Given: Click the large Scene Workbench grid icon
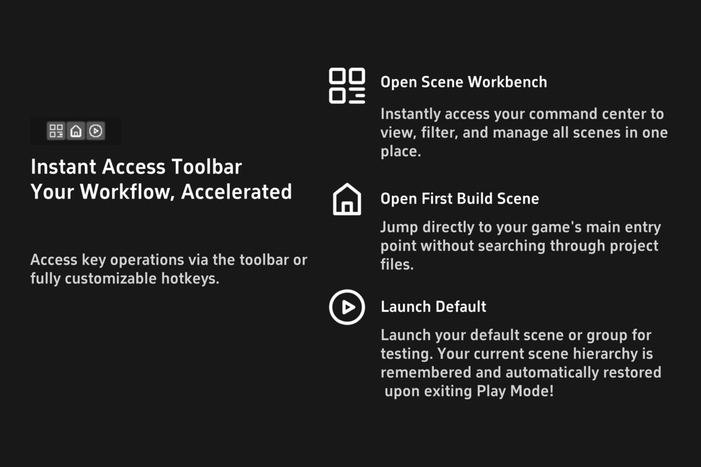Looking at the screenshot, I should point(347,86).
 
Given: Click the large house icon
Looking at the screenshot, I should point(347,199).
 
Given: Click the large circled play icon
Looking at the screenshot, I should point(347,307).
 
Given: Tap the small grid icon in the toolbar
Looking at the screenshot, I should point(56,131).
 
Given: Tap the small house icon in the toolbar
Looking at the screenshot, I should point(76,131).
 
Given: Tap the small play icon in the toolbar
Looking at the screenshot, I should point(96,131).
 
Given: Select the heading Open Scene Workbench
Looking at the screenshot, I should point(464,82).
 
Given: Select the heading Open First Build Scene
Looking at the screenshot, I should point(460,199).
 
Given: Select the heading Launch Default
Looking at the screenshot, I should point(433,306).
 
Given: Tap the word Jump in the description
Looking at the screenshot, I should point(398,227).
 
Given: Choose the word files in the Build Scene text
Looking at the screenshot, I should point(397,264).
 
